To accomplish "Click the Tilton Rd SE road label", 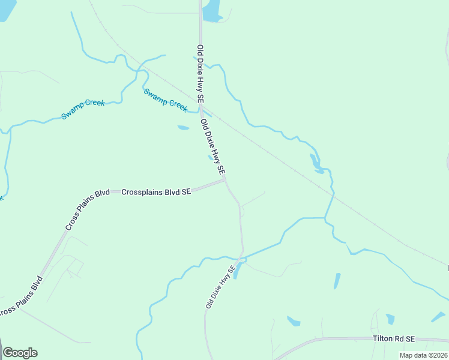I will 393,339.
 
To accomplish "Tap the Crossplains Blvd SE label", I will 156,192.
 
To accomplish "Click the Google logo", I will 20,353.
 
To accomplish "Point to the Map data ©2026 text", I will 423,355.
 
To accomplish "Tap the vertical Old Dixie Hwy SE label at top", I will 200,74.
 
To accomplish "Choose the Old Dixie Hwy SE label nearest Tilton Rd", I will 218,287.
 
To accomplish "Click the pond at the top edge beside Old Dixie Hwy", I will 211,10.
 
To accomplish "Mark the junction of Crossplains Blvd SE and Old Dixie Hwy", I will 224,179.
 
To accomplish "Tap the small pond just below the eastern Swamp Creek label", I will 183,127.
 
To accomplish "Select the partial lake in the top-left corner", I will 6,9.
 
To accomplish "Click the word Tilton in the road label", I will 383,339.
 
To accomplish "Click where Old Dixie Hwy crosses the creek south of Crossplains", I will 241,259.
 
